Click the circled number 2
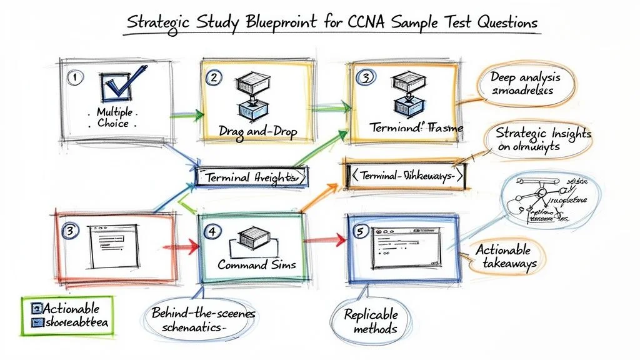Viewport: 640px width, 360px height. tap(212, 77)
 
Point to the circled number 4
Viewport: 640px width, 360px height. tap(212, 231)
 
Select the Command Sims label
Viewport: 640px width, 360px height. tap(256, 264)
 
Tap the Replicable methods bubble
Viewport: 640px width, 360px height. tap(370, 321)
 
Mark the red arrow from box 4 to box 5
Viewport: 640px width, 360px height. tap(323, 239)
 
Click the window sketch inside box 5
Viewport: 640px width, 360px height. tap(401, 246)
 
